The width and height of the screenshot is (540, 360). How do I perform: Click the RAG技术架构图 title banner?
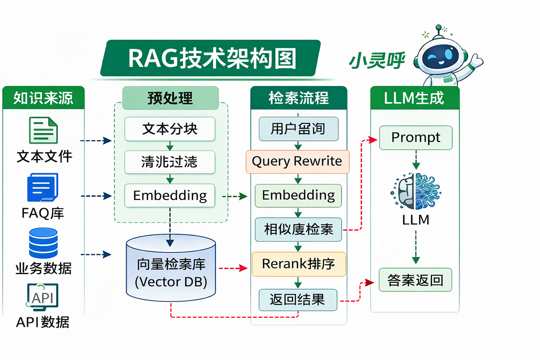[x=211, y=58]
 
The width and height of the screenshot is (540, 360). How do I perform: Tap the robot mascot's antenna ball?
[x=438, y=27]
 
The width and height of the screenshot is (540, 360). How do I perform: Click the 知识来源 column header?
[x=43, y=98]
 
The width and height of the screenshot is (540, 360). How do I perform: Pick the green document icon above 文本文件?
[x=43, y=130]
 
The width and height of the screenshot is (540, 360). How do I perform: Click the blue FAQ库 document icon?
[x=43, y=187]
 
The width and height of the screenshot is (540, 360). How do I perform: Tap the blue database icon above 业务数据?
[x=43, y=243]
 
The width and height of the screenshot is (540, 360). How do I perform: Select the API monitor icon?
[x=43, y=297]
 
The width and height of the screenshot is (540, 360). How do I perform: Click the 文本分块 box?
[x=170, y=129]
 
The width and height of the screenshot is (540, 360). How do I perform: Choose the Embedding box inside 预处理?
[x=170, y=195]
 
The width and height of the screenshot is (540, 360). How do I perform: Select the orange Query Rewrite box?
[x=297, y=162]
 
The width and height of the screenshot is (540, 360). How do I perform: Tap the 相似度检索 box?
[x=298, y=230]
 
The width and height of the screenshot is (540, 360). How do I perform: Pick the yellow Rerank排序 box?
[x=299, y=264]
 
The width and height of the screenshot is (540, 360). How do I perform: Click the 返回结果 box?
[x=298, y=300]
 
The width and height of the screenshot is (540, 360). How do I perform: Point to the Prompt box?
[x=416, y=138]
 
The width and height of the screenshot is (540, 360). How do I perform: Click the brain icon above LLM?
[x=416, y=191]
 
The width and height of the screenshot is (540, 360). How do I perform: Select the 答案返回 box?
[x=415, y=280]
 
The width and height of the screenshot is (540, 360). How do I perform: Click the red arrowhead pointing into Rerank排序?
[x=243, y=268]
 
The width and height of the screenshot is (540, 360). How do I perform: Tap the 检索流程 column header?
[x=298, y=98]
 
